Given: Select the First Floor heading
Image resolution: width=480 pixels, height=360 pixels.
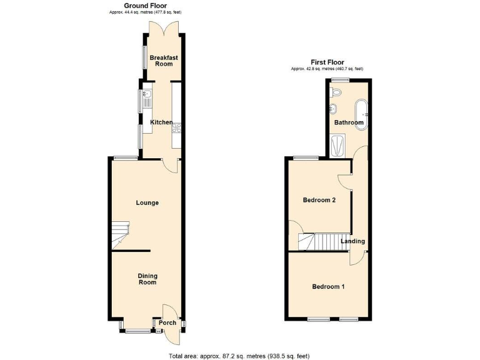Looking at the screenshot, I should [x=327, y=62].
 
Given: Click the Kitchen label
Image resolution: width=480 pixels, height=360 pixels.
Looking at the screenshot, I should [x=161, y=122].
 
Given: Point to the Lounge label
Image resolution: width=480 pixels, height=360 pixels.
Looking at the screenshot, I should [x=147, y=203].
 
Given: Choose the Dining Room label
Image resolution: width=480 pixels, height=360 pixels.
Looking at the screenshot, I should [x=147, y=279].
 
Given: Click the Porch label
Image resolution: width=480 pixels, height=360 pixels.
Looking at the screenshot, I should [x=167, y=323].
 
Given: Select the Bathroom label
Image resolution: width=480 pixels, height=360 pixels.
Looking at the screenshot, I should [x=348, y=122].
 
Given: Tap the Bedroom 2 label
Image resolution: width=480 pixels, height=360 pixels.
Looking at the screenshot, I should [x=319, y=201].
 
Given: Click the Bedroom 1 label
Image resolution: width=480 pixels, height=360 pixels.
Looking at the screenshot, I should [x=328, y=287].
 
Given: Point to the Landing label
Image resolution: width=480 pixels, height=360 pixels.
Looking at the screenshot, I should [x=353, y=241].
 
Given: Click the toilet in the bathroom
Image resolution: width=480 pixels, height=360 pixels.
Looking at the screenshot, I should [x=336, y=92].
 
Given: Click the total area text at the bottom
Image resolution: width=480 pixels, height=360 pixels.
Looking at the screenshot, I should [x=239, y=356].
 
